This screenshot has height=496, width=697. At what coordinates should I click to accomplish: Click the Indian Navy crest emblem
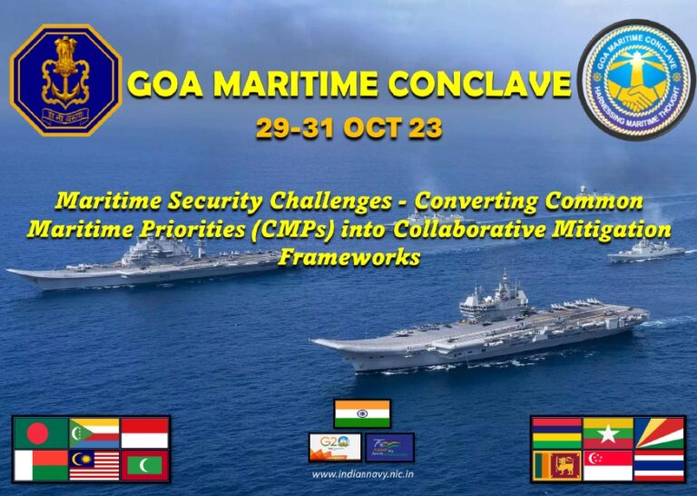pos(64,80)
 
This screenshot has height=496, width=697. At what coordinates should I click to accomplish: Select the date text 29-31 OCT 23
pos(348,129)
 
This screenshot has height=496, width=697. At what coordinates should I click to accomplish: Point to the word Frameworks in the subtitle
pos(348,258)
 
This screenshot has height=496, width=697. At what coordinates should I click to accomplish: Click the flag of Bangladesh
pos(41,433)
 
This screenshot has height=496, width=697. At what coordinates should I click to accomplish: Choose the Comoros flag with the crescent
pos(93,433)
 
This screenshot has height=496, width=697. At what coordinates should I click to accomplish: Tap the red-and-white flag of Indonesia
pos(144,433)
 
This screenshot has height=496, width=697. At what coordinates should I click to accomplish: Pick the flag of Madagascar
pos(41,465)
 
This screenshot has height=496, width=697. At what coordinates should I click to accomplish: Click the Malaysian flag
pos(93,465)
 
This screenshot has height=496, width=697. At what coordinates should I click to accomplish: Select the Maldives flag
pos(144,465)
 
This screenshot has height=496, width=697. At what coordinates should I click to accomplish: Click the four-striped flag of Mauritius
pos(555,433)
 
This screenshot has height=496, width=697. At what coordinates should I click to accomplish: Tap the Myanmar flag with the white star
pos(607,433)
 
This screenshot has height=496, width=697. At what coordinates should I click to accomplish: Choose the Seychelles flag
pos(659,433)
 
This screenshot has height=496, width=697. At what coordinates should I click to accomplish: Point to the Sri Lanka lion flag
pos(555,465)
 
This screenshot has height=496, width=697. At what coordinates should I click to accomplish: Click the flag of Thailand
pos(659,465)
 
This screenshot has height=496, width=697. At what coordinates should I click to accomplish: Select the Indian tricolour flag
pos(362,413)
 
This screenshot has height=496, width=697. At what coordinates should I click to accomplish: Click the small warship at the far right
pos(645,252)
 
